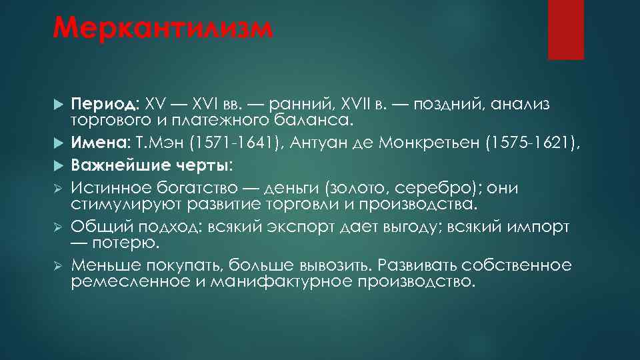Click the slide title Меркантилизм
tap(163, 30)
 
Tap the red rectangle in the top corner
tap(565, 29)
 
